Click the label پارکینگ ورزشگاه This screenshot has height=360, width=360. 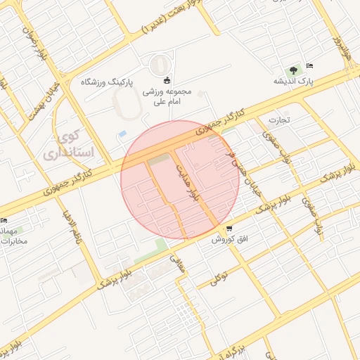[107, 82]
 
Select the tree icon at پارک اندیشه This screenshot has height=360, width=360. [291, 70]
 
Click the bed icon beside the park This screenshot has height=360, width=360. [310, 66]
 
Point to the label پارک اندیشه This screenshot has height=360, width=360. [293, 82]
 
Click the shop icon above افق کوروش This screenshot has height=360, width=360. [229, 229]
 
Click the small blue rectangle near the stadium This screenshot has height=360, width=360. [122, 134]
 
